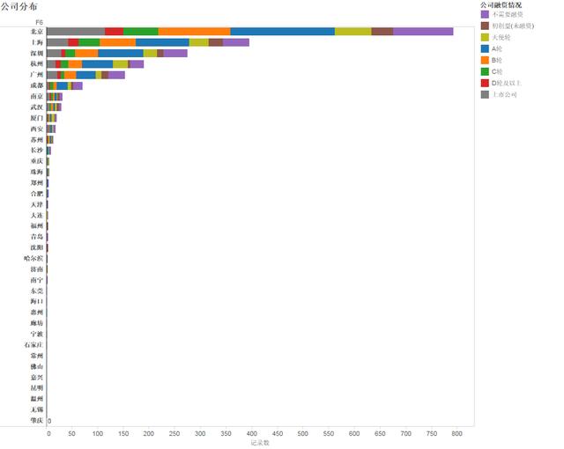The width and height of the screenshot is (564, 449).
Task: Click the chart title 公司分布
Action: tap(20, 6)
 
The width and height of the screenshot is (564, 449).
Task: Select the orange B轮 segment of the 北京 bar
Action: tap(194, 31)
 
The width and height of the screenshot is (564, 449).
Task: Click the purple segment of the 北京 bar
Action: tap(423, 31)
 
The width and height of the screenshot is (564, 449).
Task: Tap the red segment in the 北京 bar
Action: tap(114, 31)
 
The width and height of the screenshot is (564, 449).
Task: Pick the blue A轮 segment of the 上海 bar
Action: tap(162, 41)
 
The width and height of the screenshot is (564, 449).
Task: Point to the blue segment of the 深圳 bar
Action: tap(121, 53)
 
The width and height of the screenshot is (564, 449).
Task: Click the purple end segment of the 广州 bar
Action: tap(116, 75)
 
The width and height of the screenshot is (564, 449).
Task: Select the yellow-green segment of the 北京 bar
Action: tap(352, 31)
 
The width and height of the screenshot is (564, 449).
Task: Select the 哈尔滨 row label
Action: tap(33, 258)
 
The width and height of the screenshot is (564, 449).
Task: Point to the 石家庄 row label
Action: tap(33, 345)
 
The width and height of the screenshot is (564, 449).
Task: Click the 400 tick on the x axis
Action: tap(252, 433)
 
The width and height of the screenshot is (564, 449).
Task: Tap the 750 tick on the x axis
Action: tap(432, 433)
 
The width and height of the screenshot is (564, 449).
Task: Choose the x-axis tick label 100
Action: tap(98, 433)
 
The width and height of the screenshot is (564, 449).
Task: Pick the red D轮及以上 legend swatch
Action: tap(485, 82)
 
